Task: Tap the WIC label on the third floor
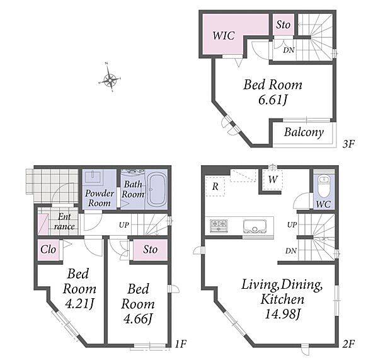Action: coord(224,35)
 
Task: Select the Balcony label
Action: coord(304,132)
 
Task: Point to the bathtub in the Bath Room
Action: coord(156,190)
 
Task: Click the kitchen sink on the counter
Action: coord(255,226)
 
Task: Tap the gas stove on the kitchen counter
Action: coord(219,226)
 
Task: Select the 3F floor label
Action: coord(348,144)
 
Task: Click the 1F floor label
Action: coord(181,344)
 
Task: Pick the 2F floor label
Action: coord(348,344)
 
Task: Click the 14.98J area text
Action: coord(283,314)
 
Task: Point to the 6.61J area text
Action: coord(273,100)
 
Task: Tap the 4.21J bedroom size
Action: coord(79,304)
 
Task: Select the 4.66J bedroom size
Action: coord(138,318)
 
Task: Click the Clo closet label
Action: coord(49,250)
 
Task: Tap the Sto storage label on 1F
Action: coord(150,250)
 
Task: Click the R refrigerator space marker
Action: coord(215,186)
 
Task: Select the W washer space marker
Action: coord(273,179)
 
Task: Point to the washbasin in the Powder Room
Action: coord(93,176)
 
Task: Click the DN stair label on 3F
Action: coord(289,50)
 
